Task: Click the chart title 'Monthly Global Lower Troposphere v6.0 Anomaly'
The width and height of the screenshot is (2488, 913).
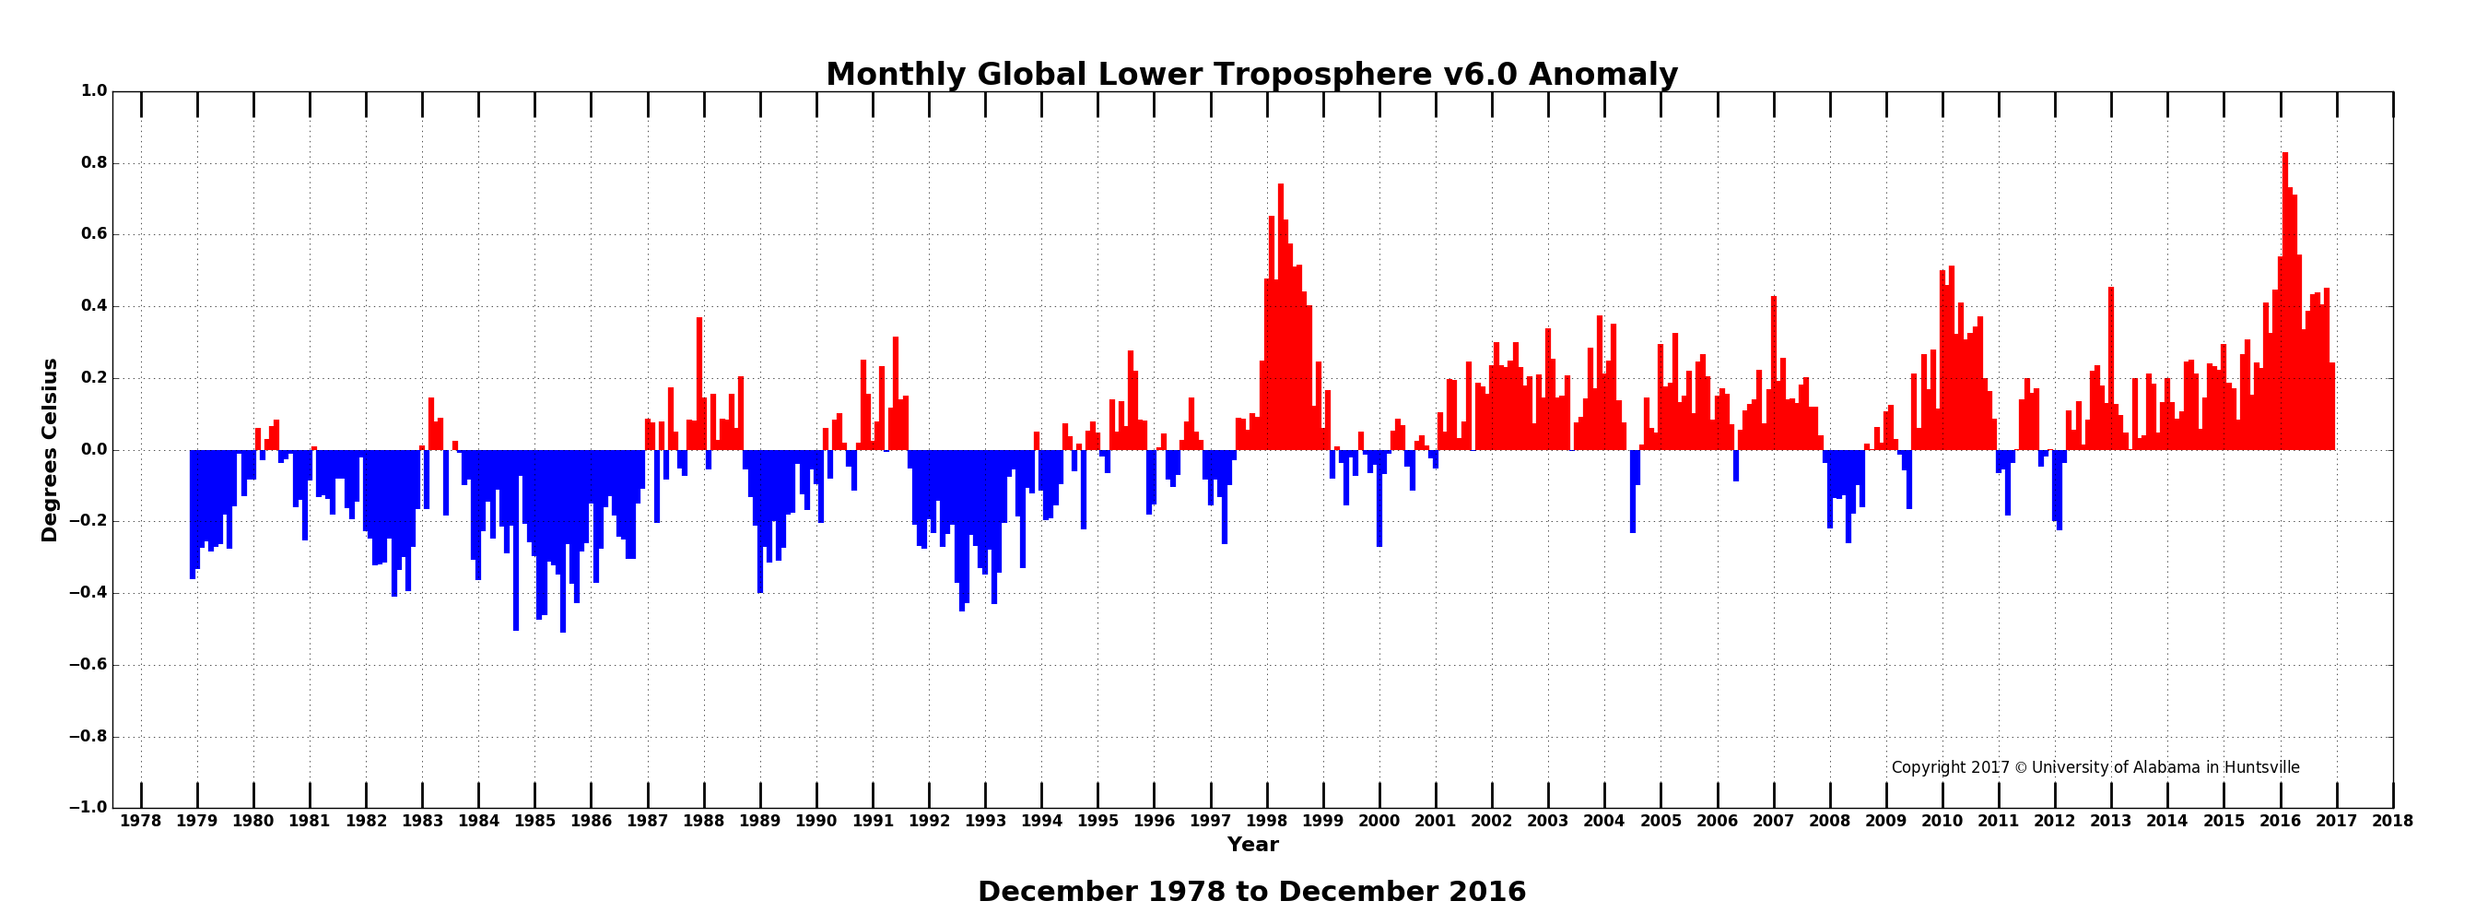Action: coord(1251,75)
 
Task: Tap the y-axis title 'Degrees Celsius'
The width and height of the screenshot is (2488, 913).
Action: coord(49,450)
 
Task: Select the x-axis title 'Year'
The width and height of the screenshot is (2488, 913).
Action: coord(1252,845)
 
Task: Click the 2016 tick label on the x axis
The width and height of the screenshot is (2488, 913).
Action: coord(2280,821)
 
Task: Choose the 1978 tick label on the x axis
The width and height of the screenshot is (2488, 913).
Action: coord(141,821)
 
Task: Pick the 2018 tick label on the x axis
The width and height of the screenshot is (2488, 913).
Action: coord(2392,821)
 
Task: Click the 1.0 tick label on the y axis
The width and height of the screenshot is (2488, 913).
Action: coord(94,90)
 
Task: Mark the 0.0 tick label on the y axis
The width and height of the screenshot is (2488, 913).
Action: coord(94,450)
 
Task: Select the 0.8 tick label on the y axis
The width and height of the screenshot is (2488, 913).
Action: coord(94,163)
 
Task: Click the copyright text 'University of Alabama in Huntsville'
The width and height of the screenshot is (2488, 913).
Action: coord(2165,767)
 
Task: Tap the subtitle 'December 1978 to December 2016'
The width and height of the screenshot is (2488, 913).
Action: coord(1251,892)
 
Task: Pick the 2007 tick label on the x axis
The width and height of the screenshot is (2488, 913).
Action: coord(1773,821)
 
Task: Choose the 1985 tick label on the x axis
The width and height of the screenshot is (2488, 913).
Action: coord(535,821)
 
